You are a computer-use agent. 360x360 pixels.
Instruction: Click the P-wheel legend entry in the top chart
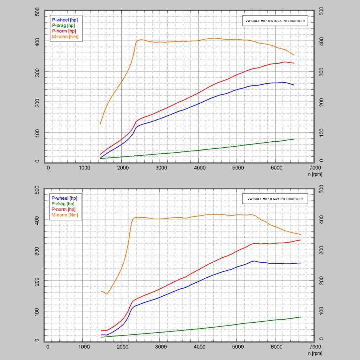point(65,20)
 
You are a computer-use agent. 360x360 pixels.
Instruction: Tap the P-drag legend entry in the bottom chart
point(63,204)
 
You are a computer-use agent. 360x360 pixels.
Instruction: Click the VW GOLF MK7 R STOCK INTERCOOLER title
point(275,21)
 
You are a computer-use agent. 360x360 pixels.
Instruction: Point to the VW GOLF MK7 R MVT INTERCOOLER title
point(275,199)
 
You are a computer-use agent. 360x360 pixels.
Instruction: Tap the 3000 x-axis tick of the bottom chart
point(161,346)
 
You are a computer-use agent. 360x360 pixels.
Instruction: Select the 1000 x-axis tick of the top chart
point(85,168)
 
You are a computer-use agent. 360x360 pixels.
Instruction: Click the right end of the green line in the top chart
point(294,139)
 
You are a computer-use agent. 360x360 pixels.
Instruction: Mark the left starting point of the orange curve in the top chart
point(101,124)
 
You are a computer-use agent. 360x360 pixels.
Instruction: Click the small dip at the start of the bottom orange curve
point(107,294)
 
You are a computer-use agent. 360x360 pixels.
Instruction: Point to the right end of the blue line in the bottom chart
point(301,263)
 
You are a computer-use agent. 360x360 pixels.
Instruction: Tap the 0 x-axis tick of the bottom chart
point(48,346)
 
